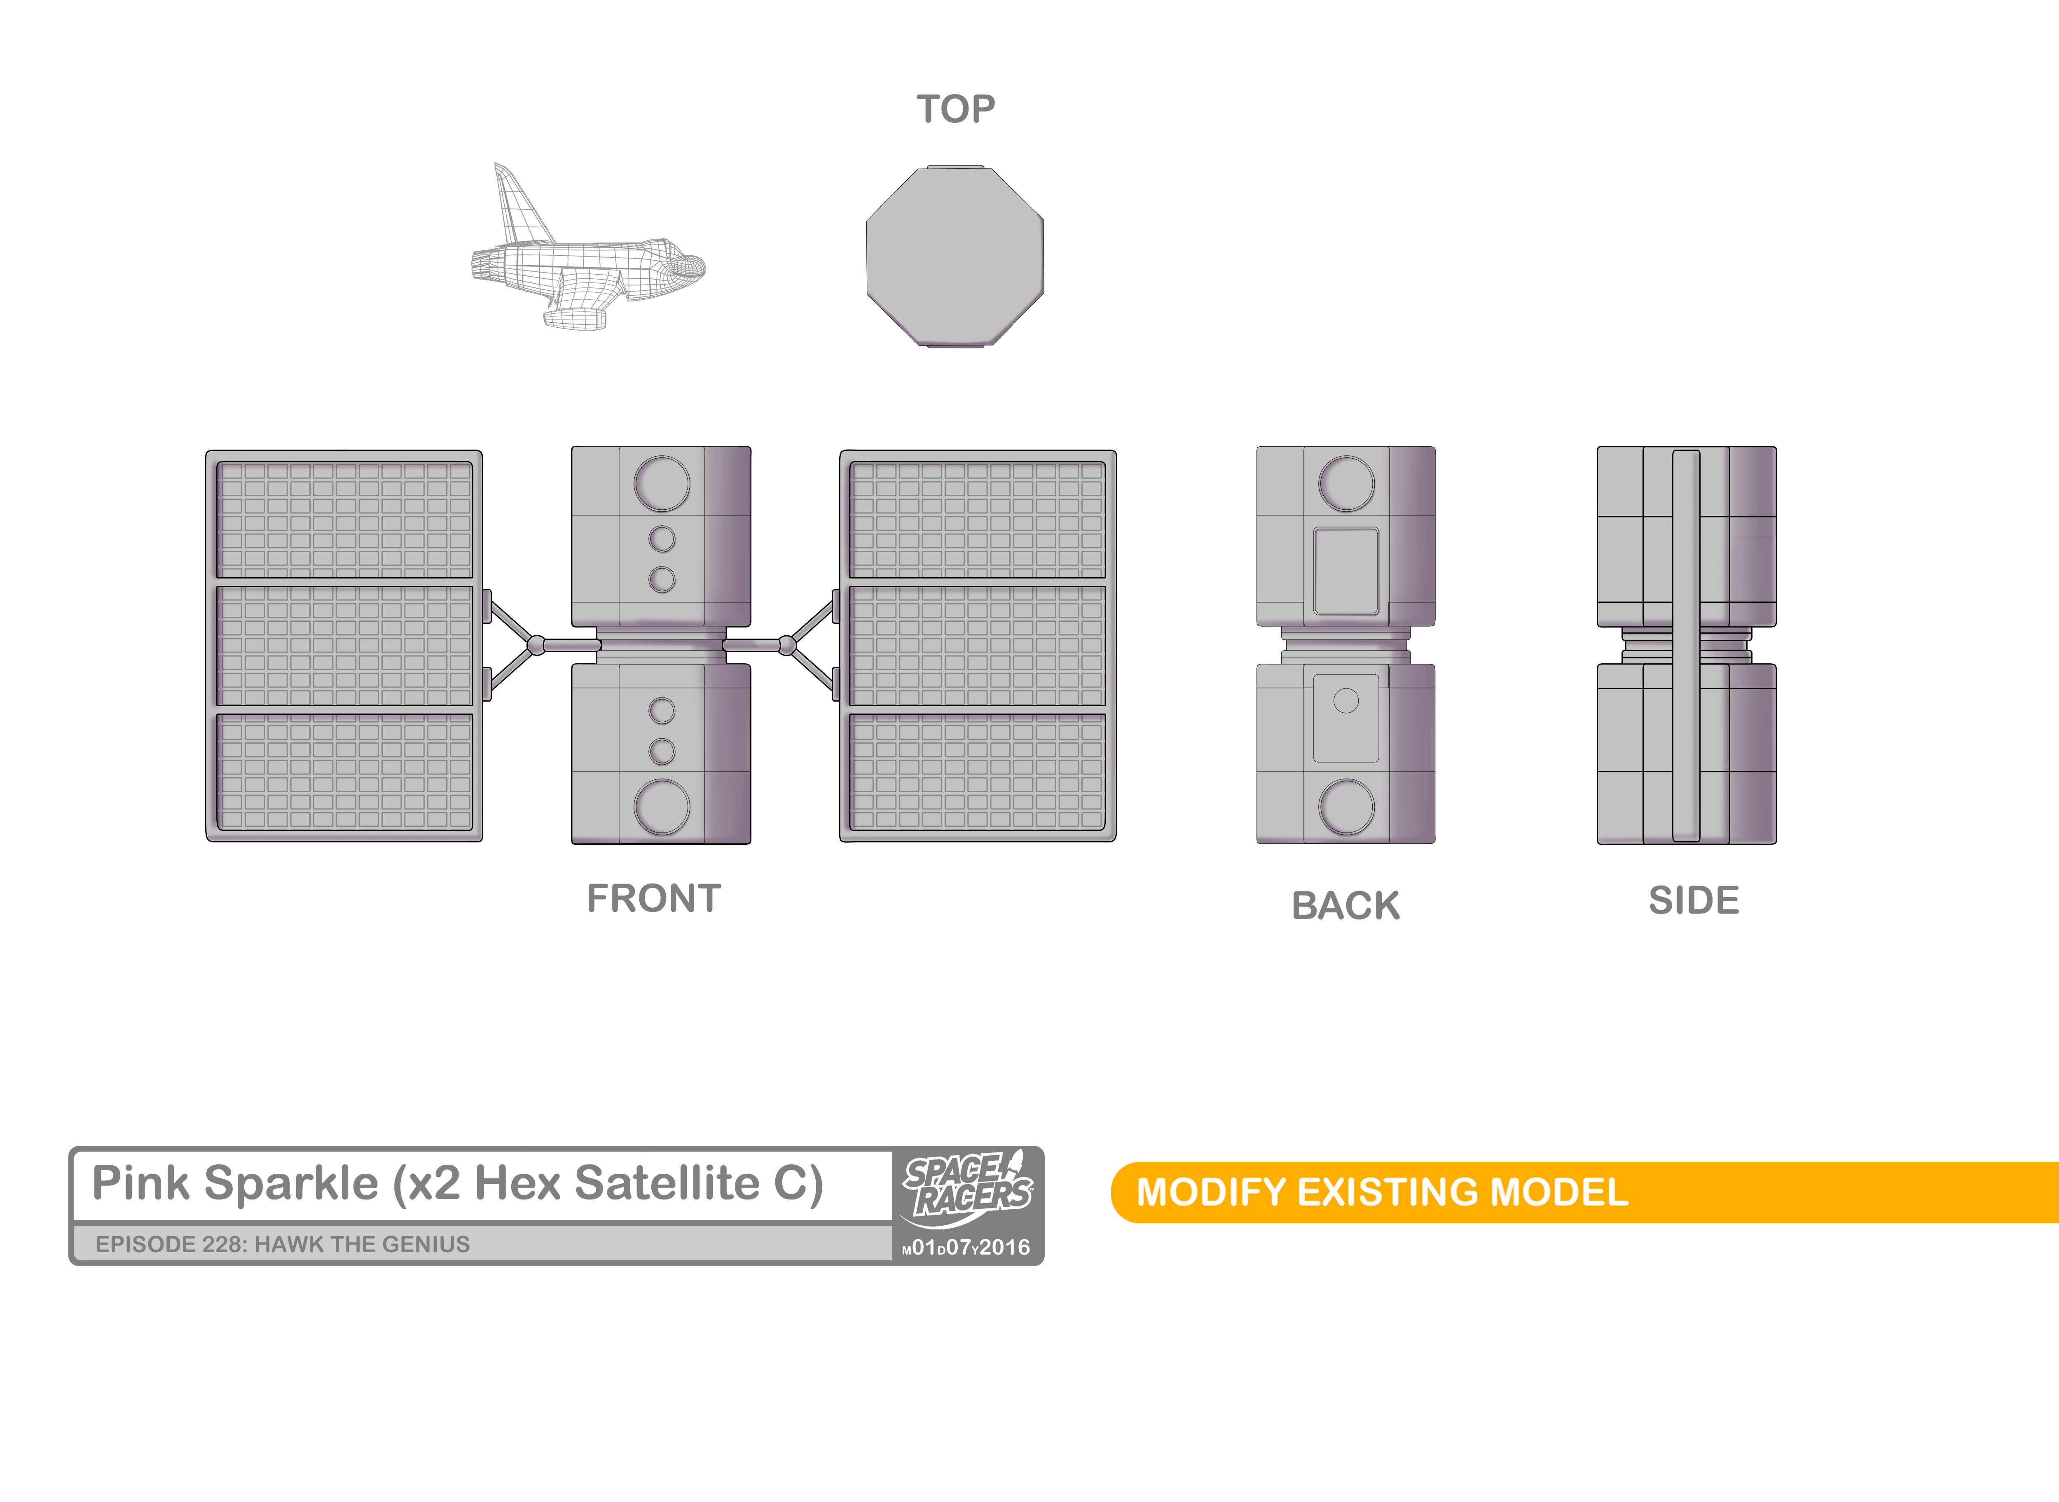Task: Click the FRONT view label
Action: (654, 898)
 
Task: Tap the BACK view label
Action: (1346, 905)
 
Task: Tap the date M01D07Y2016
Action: (966, 1248)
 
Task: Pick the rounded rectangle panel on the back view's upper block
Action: (1346, 571)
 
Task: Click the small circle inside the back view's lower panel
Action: (1346, 700)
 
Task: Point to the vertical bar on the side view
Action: (1686, 646)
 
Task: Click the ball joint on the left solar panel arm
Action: (536, 646)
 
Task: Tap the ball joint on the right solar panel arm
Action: (787, 646)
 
